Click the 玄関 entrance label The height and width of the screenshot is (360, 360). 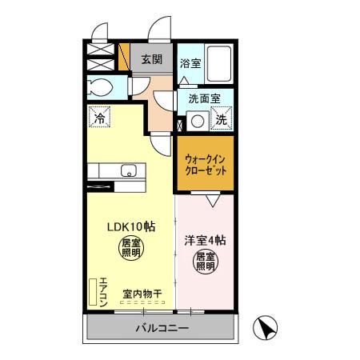tap(152, 58)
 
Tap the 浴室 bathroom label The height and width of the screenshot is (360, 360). tap(190, 62)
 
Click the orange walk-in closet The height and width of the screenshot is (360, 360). tap(205, 164)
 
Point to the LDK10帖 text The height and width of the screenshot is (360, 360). tap(132, 225)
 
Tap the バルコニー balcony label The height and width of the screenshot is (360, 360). tap(161, 328)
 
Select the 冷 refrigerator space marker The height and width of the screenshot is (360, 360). tap(99, 117)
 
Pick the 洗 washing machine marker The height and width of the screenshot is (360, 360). tap(222, 119)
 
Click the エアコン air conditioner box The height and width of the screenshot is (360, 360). tap(102, 294)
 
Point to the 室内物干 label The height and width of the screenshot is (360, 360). tap(142, 294)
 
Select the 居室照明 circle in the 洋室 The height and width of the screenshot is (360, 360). tap(205, 262)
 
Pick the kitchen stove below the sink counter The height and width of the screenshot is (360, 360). tap(102, 186)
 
